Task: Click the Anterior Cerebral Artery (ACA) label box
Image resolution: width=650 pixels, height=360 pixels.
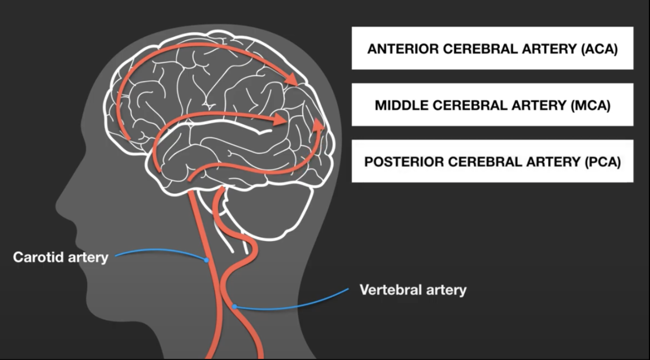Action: point(492,48)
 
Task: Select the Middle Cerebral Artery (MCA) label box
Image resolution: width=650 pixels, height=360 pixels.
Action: point(492,105)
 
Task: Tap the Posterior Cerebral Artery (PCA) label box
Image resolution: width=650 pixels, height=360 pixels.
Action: point(492,162)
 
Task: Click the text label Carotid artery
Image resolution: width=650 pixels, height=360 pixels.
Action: point(61,257)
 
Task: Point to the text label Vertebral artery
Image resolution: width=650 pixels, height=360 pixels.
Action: point(413,290)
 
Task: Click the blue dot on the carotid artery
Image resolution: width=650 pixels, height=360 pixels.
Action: point(207,260)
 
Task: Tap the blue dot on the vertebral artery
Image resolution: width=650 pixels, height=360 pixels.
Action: point(235,307)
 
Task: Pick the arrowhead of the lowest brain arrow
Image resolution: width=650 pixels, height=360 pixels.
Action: point(318,126)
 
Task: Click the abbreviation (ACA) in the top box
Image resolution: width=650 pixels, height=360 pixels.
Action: point(598,48)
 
